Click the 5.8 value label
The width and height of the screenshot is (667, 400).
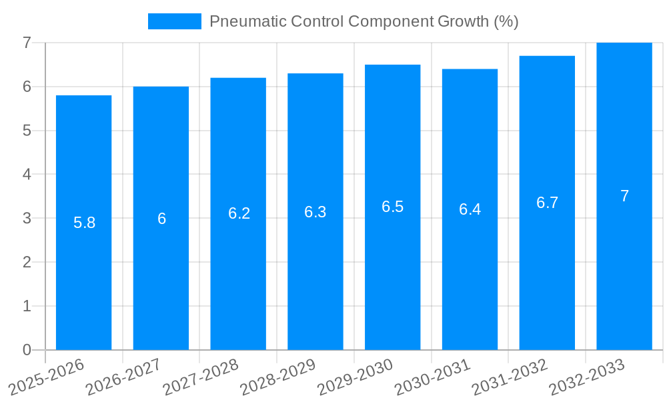[84, 223]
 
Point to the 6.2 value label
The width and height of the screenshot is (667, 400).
[239, 213]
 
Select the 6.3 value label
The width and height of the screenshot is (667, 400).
[315, 212]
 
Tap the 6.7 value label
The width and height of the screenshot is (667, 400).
[547, 203]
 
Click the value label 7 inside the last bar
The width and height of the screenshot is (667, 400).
[624, 196]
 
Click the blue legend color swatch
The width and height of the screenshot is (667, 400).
[174, 21]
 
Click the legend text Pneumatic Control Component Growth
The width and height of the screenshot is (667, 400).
[364, 21]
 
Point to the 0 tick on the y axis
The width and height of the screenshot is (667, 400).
[27, 350]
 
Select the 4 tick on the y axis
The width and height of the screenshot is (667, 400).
[27, 174]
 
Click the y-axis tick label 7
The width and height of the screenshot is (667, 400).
[27, 43]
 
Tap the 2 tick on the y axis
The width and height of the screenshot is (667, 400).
[27, 262]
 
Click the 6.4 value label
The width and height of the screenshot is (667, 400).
[470, 209]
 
